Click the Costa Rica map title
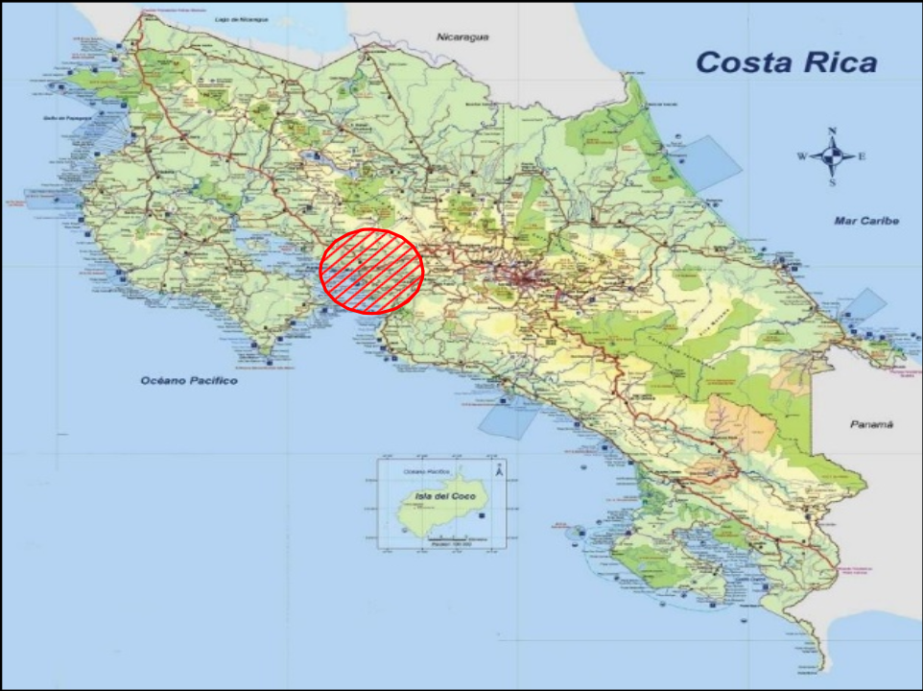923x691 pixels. [x=785, y=63]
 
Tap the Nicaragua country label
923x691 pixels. [x=462, y=36]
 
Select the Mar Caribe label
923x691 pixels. [x=865, y=222]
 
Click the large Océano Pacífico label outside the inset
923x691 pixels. [x=188, y=381]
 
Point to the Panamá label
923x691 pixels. [x=871, y=423]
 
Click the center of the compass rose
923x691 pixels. [x=832, y=155]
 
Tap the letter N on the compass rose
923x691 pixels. [x=832, y=131]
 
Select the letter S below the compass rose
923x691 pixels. [x=832, y=182]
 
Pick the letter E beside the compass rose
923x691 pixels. [x=862, y=156]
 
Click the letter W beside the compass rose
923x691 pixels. [x=801, y=156]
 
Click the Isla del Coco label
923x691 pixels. [x=435, y=496]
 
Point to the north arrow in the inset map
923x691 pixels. [x=498, y=470]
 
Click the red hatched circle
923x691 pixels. [x=371, y=271]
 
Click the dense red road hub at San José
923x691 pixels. [x=523, y=278]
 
